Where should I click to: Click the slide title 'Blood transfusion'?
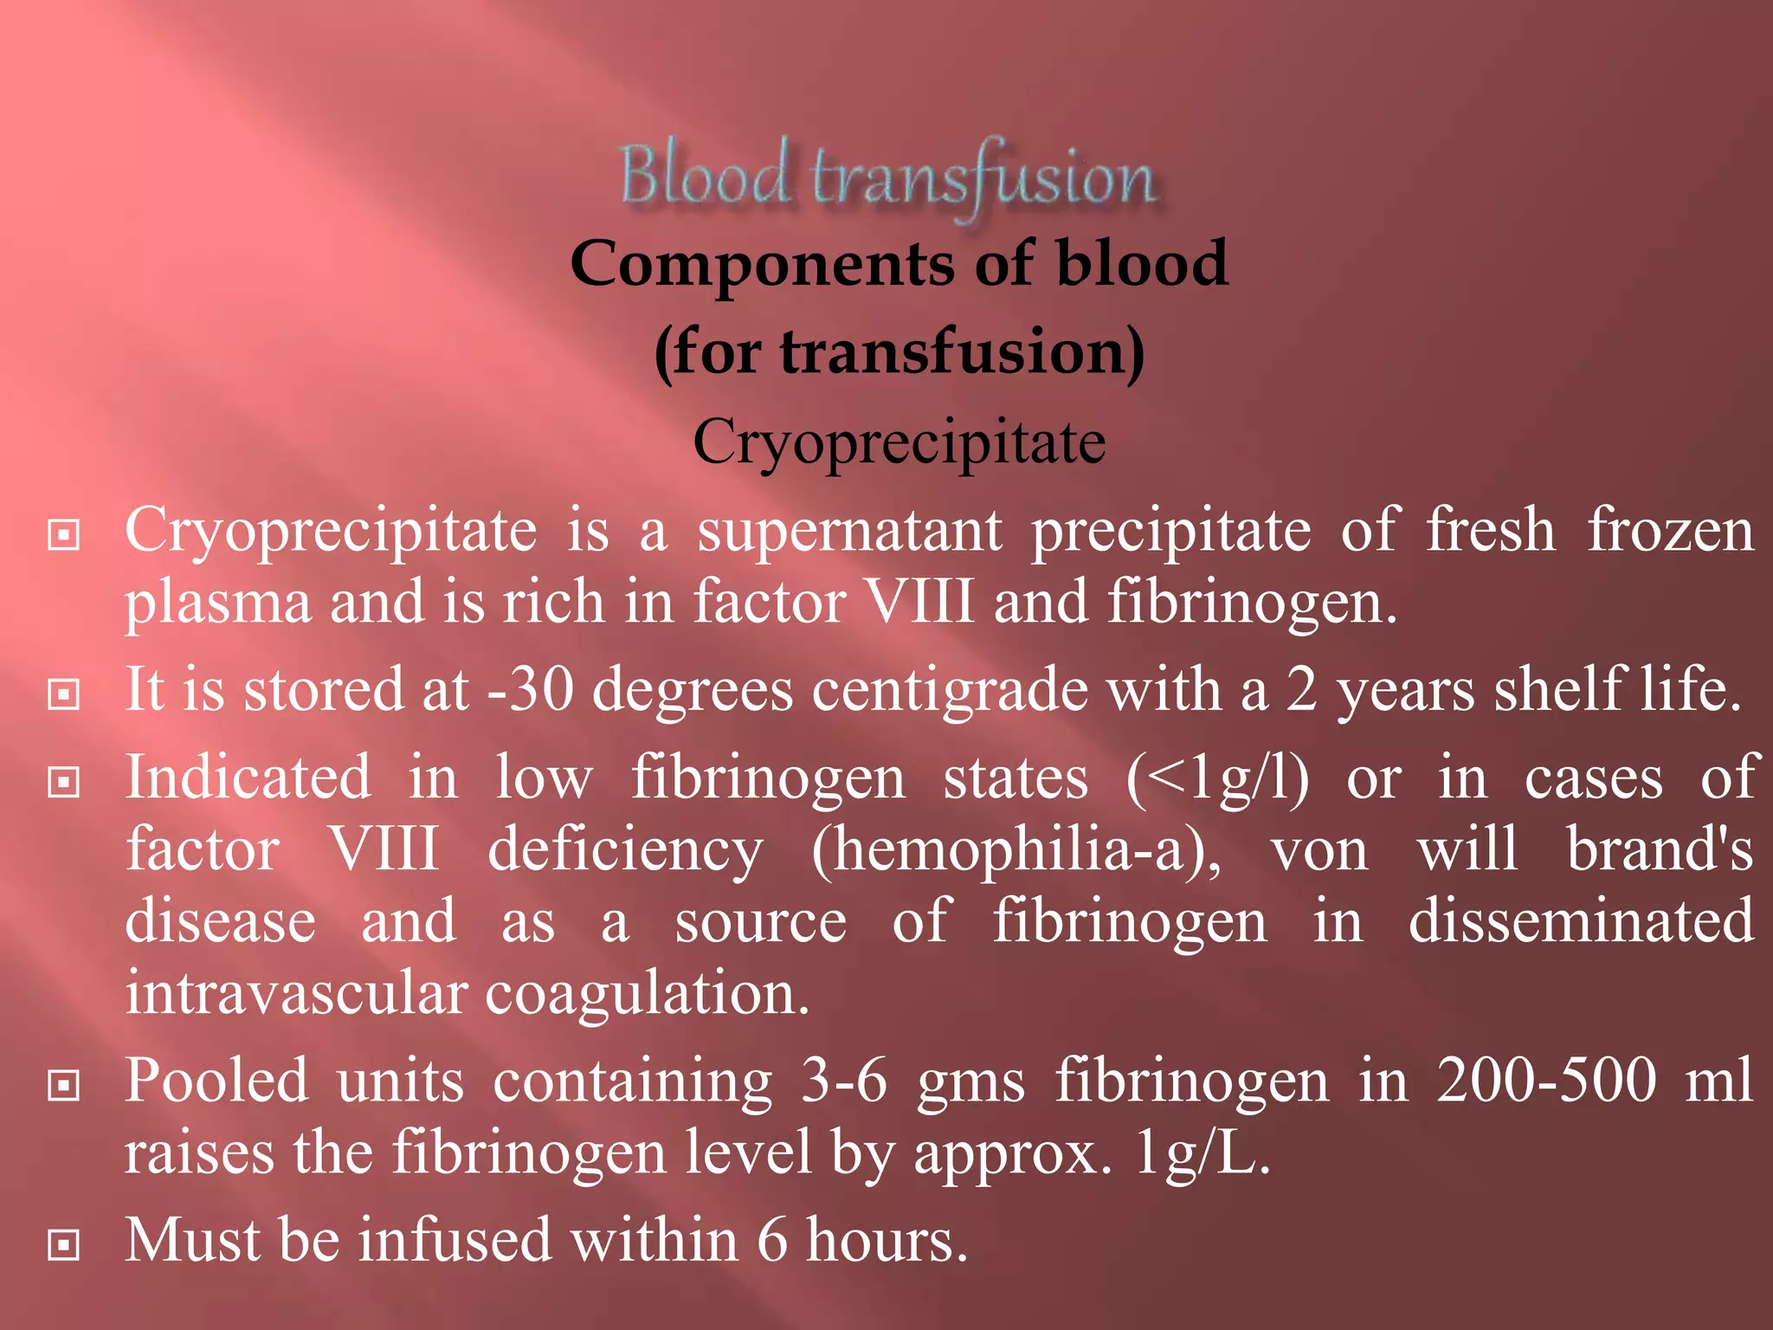(888, 176)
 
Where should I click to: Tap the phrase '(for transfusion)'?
(899, 352)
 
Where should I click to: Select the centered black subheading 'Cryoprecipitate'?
(899, 442)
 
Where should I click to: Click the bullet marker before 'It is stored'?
(64, 694)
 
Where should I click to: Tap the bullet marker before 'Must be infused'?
(64, 1245)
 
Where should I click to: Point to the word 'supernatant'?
(850, 532)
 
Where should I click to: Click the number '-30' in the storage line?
(531, 690)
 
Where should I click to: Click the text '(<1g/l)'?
(1217, 778)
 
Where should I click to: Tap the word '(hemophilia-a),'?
(1016, 850)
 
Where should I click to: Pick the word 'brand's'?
(1660, 850)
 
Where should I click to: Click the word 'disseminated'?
(1581, 921)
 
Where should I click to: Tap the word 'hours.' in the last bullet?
(886, 1240)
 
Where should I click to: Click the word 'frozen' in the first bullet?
(1670, 532)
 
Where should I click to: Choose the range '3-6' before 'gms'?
(844, 1081)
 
